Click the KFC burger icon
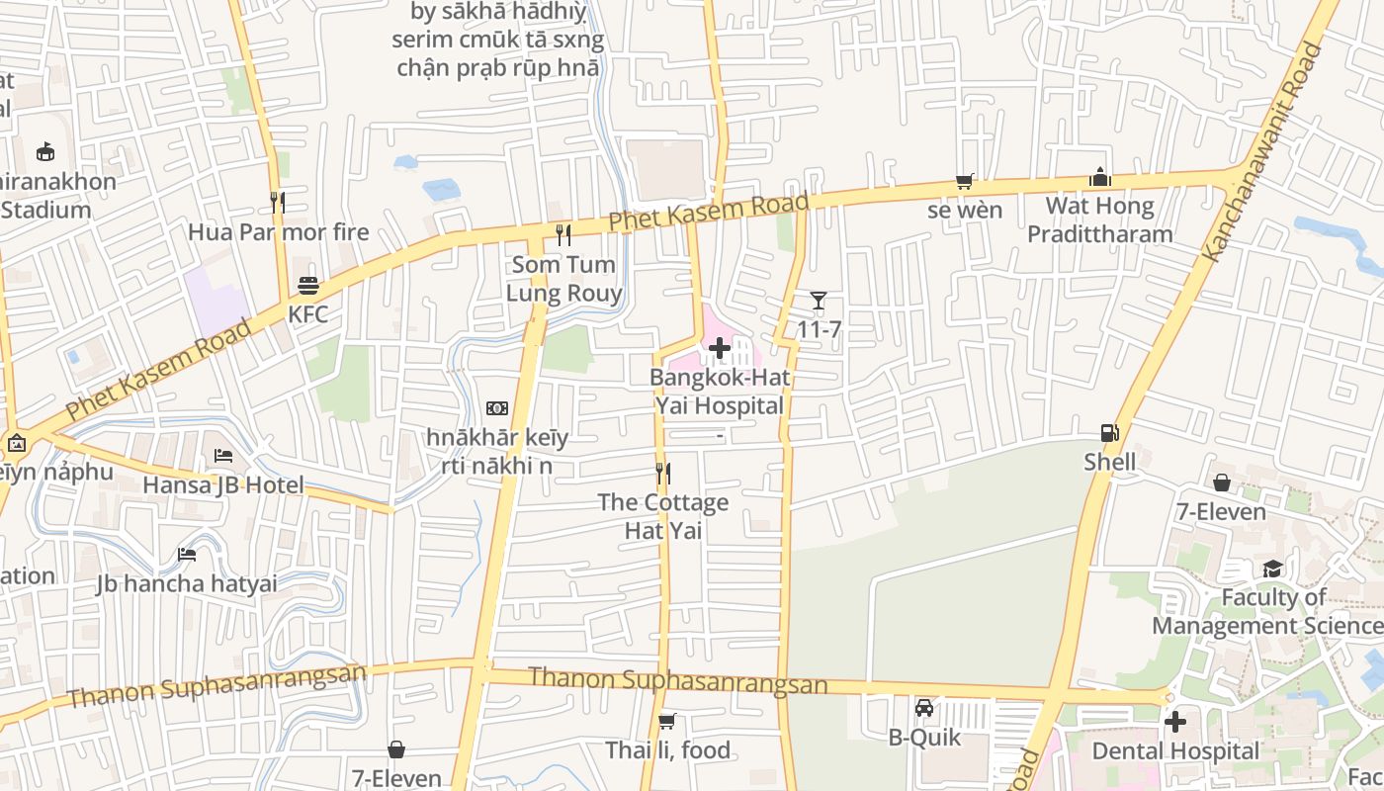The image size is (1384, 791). click(308, 286)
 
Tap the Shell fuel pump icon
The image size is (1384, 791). click(1109, 433)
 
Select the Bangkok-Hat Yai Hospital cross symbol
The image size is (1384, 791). click(720, 348)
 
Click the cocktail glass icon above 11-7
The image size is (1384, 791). click(818, 301)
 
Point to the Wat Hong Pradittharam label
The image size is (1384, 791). click(1099, 220)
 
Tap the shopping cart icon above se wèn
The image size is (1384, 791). click(965, 181)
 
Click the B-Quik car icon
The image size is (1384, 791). click(924, 708)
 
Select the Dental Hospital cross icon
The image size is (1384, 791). click(1174, 722)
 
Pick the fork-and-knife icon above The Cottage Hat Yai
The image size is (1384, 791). click(663, 474)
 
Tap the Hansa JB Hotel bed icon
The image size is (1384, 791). click(223, 456)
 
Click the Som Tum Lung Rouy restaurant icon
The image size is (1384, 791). click(563, 235)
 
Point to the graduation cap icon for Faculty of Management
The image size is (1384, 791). click(1272, 569)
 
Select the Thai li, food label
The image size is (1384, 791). click(667, 750)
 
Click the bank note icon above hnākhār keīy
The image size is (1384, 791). click(497, 408)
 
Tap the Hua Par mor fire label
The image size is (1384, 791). click(278, 232)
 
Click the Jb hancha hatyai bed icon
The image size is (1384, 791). click(187, 555)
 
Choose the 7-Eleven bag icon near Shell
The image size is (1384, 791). click(1222, 483)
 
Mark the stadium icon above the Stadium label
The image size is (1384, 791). click(44, 152)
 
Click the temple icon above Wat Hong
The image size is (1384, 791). click(1100, 178)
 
